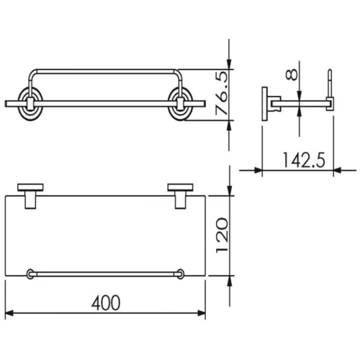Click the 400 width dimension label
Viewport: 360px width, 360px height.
click(106, 302)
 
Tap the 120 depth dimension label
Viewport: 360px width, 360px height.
click(222, 235)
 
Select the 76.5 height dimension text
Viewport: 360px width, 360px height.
click(222, 93)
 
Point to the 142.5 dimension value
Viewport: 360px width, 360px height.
click(304, 160)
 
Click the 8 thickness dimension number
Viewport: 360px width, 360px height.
click(292, 75)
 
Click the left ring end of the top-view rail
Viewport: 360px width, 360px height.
click(30, 274)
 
